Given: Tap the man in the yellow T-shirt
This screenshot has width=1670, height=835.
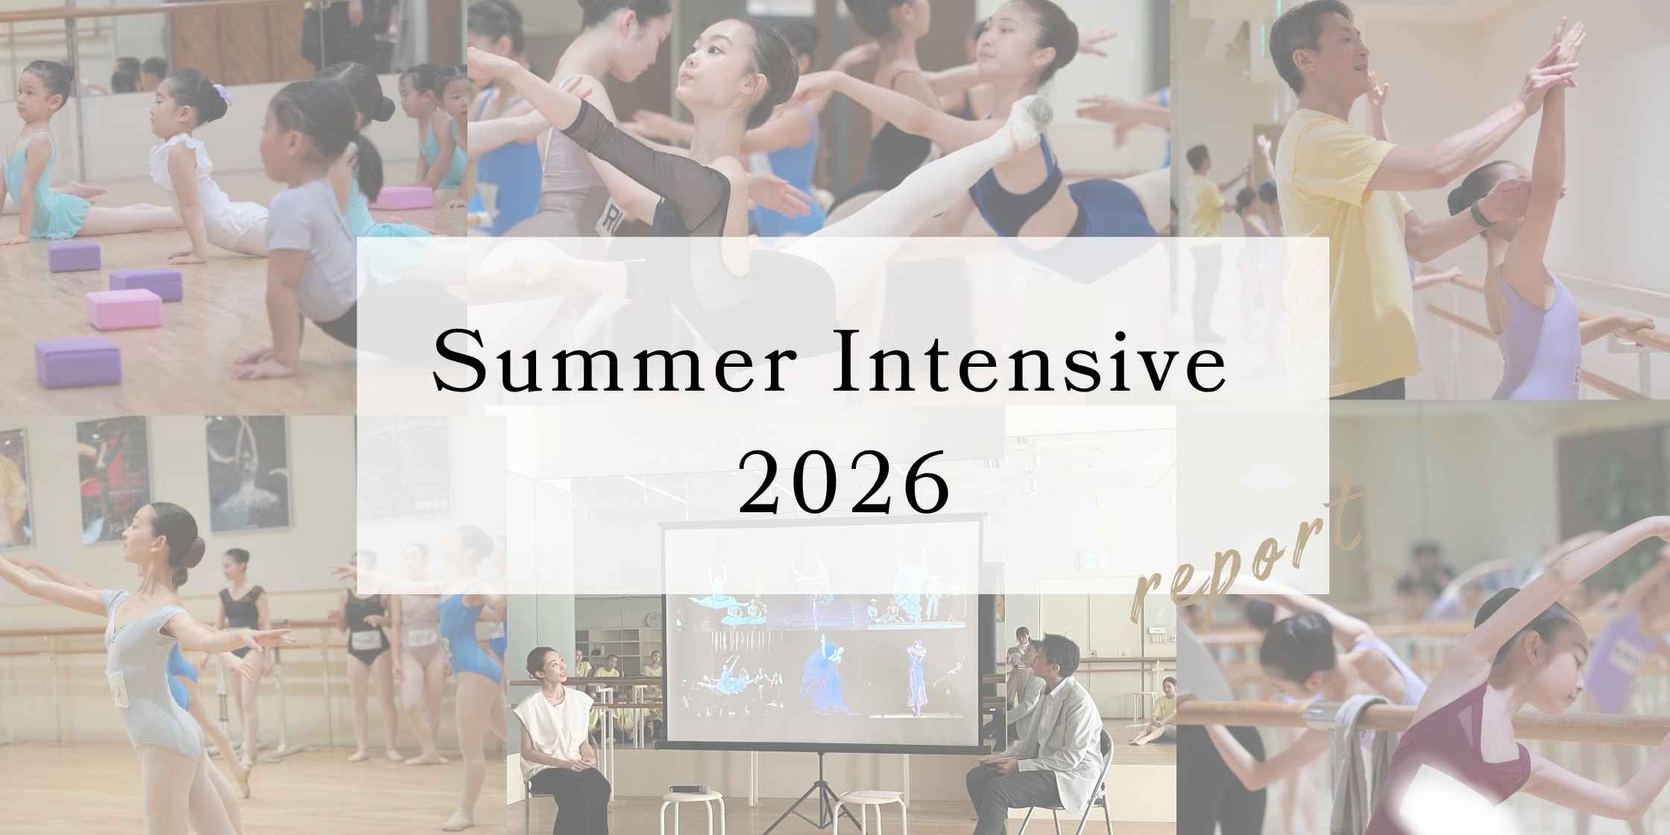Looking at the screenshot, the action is coord(1342,201).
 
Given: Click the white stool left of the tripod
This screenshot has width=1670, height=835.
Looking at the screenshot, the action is coord(692,809).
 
